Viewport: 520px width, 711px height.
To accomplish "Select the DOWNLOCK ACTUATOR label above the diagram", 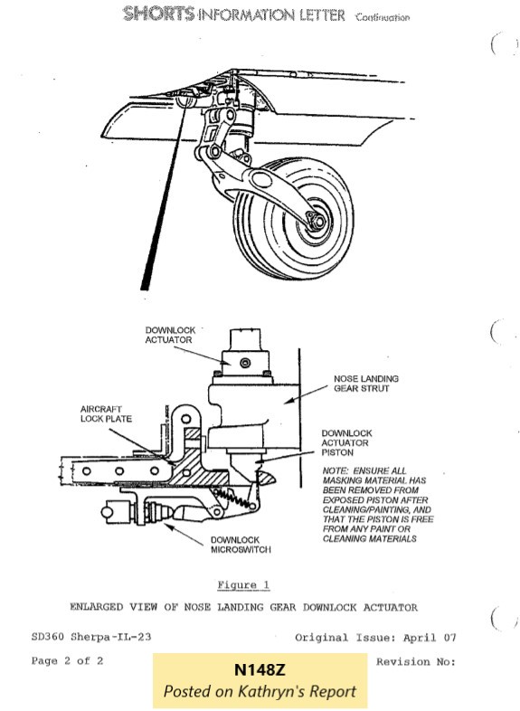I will pos(171,335).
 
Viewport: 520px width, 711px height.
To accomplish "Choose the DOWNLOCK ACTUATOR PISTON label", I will pos(346,443).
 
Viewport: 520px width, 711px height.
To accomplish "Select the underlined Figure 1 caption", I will pos(243,585).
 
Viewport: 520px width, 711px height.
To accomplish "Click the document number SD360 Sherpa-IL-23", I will pos(91,638).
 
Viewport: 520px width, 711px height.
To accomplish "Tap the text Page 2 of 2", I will pos(67,661).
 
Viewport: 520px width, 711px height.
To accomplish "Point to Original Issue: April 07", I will pos(375,638).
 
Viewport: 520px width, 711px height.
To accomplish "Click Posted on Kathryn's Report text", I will pos(260,692).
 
